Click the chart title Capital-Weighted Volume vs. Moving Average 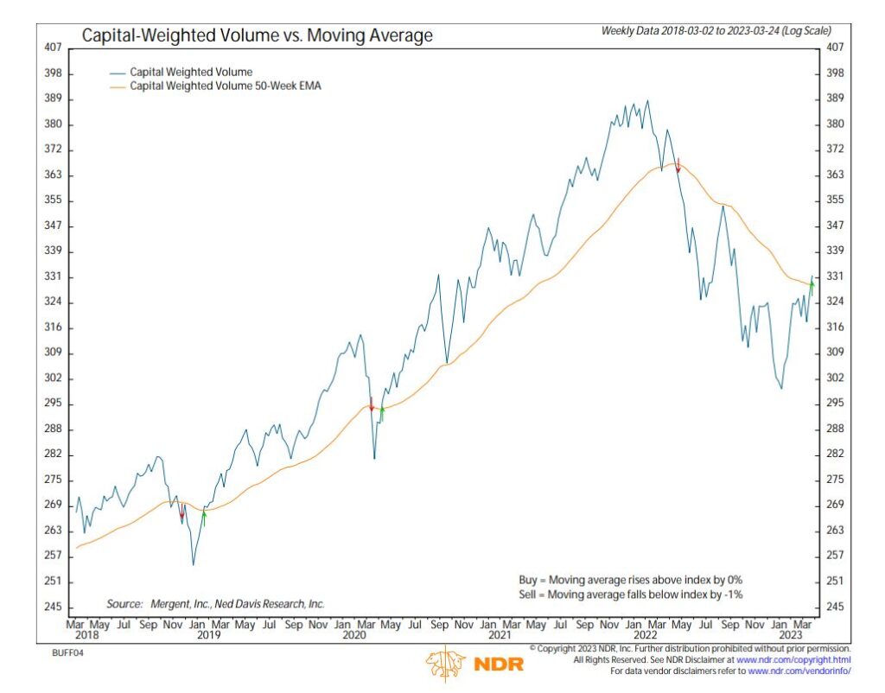pos(257,36)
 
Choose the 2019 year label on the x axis pos(208,633)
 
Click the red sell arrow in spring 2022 pos(678,165)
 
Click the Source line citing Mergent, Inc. pos(215,604)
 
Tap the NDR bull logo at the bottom pos(443,664)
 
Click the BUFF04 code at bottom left pos(66,652)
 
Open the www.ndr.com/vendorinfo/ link pos(799,671)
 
